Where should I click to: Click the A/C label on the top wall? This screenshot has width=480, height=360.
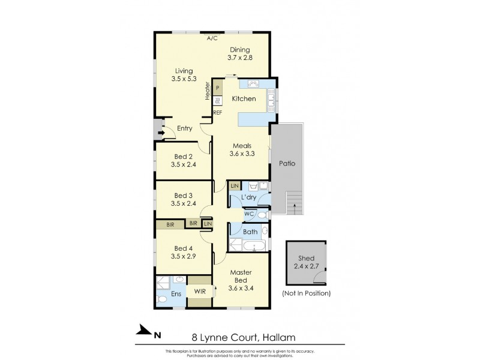click(x=212, y=38)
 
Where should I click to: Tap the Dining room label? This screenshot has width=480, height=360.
click(x=238, y=54)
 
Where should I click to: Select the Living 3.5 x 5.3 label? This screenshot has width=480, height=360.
click(x=182, y=74)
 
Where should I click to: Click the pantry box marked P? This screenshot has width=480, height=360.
click(x=218, y=88)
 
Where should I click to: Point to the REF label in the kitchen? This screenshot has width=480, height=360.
click(x=218, y=112)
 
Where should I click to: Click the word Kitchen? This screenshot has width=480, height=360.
click(x=244, y=98)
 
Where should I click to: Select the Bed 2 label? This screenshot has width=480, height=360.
click(x=182, y=160)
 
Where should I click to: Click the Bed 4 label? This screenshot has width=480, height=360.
click(x=182, y=253)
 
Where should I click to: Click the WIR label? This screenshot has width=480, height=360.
click(x=199, y=292)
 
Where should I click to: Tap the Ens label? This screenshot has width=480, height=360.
click(x=176, y=294)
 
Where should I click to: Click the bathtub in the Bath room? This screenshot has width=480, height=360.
click(x=249, y=246)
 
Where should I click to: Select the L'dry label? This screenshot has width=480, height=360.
click(x=249, y=197)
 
